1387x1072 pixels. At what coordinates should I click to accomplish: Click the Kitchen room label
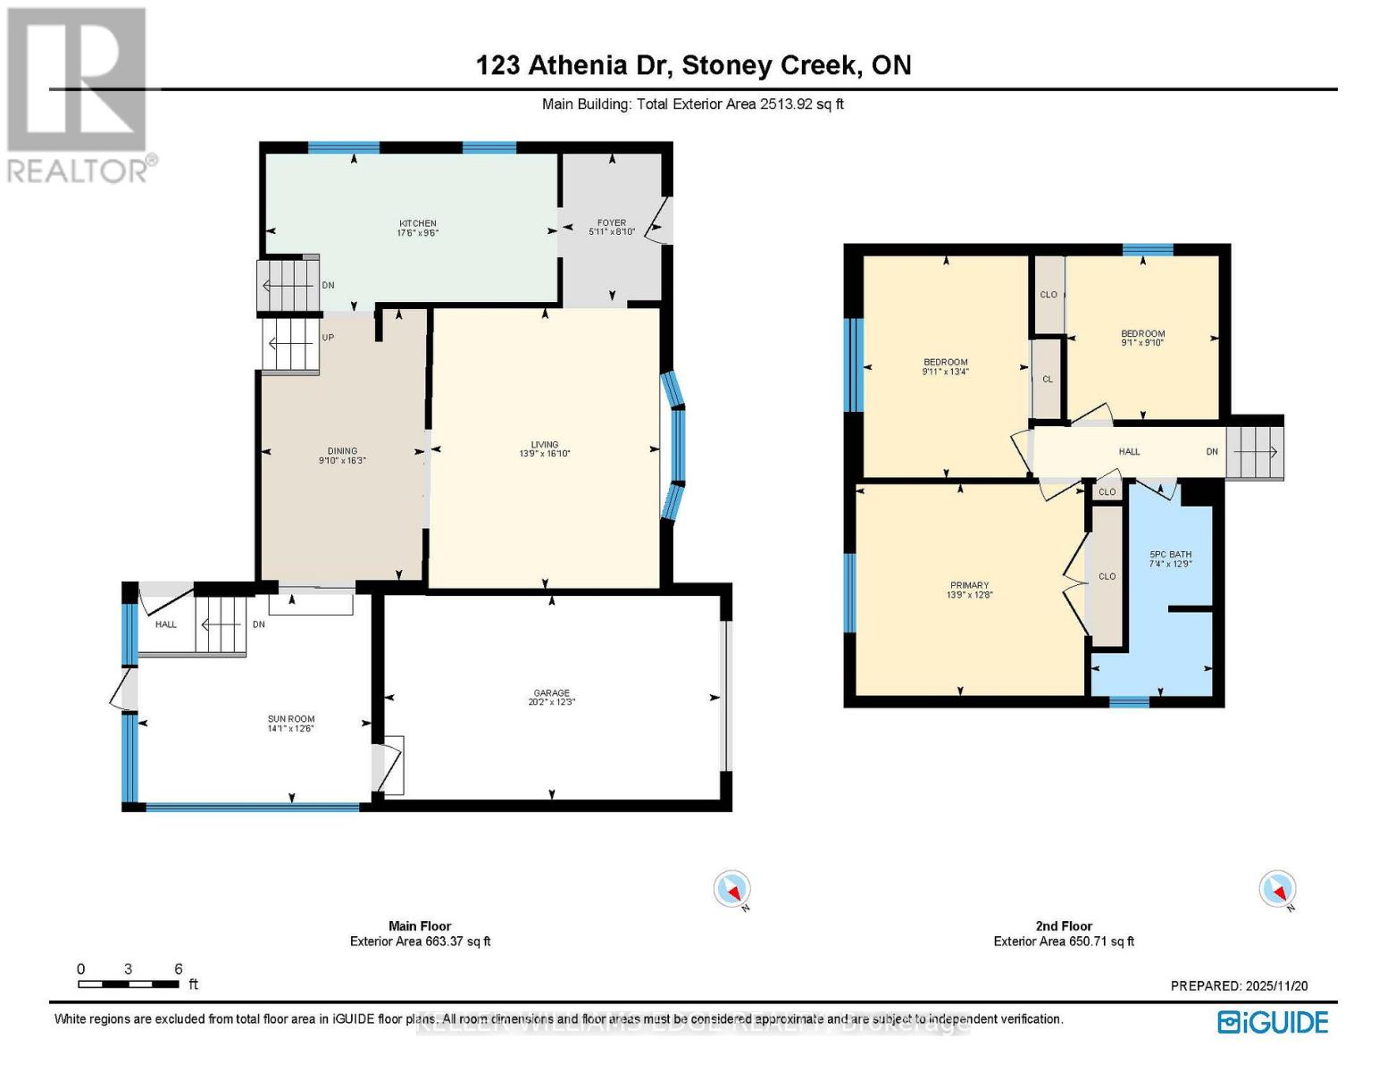(417, 223)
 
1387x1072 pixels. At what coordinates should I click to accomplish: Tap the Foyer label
(612, 223)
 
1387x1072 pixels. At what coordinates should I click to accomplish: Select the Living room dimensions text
(545, 454)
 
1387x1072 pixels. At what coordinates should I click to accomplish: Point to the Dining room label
(342, 451)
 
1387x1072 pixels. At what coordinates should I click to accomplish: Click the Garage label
(551, 693)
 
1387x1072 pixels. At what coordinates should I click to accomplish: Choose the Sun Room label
(291, 719)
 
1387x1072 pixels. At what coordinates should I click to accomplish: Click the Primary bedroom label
(969, 586)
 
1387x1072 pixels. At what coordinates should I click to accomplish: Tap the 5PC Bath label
(1170, 555)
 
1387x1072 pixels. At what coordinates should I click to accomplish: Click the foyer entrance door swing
(659, 221)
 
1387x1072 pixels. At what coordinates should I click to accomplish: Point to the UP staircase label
(328, 339)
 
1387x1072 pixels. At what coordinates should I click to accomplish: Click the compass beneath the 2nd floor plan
(1277, 890)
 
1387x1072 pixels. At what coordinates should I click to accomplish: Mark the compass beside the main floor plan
(732, 890)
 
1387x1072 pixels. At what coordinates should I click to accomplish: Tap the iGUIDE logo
(1273, 1022)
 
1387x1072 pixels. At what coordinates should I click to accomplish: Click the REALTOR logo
(79, 95)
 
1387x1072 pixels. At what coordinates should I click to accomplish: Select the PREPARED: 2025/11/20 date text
(1239, 985)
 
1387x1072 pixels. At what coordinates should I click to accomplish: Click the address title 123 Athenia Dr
(693, 65)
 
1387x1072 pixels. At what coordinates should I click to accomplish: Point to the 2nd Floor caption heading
(1064, 926)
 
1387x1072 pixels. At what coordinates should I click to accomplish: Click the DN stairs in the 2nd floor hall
(1255, 452)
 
